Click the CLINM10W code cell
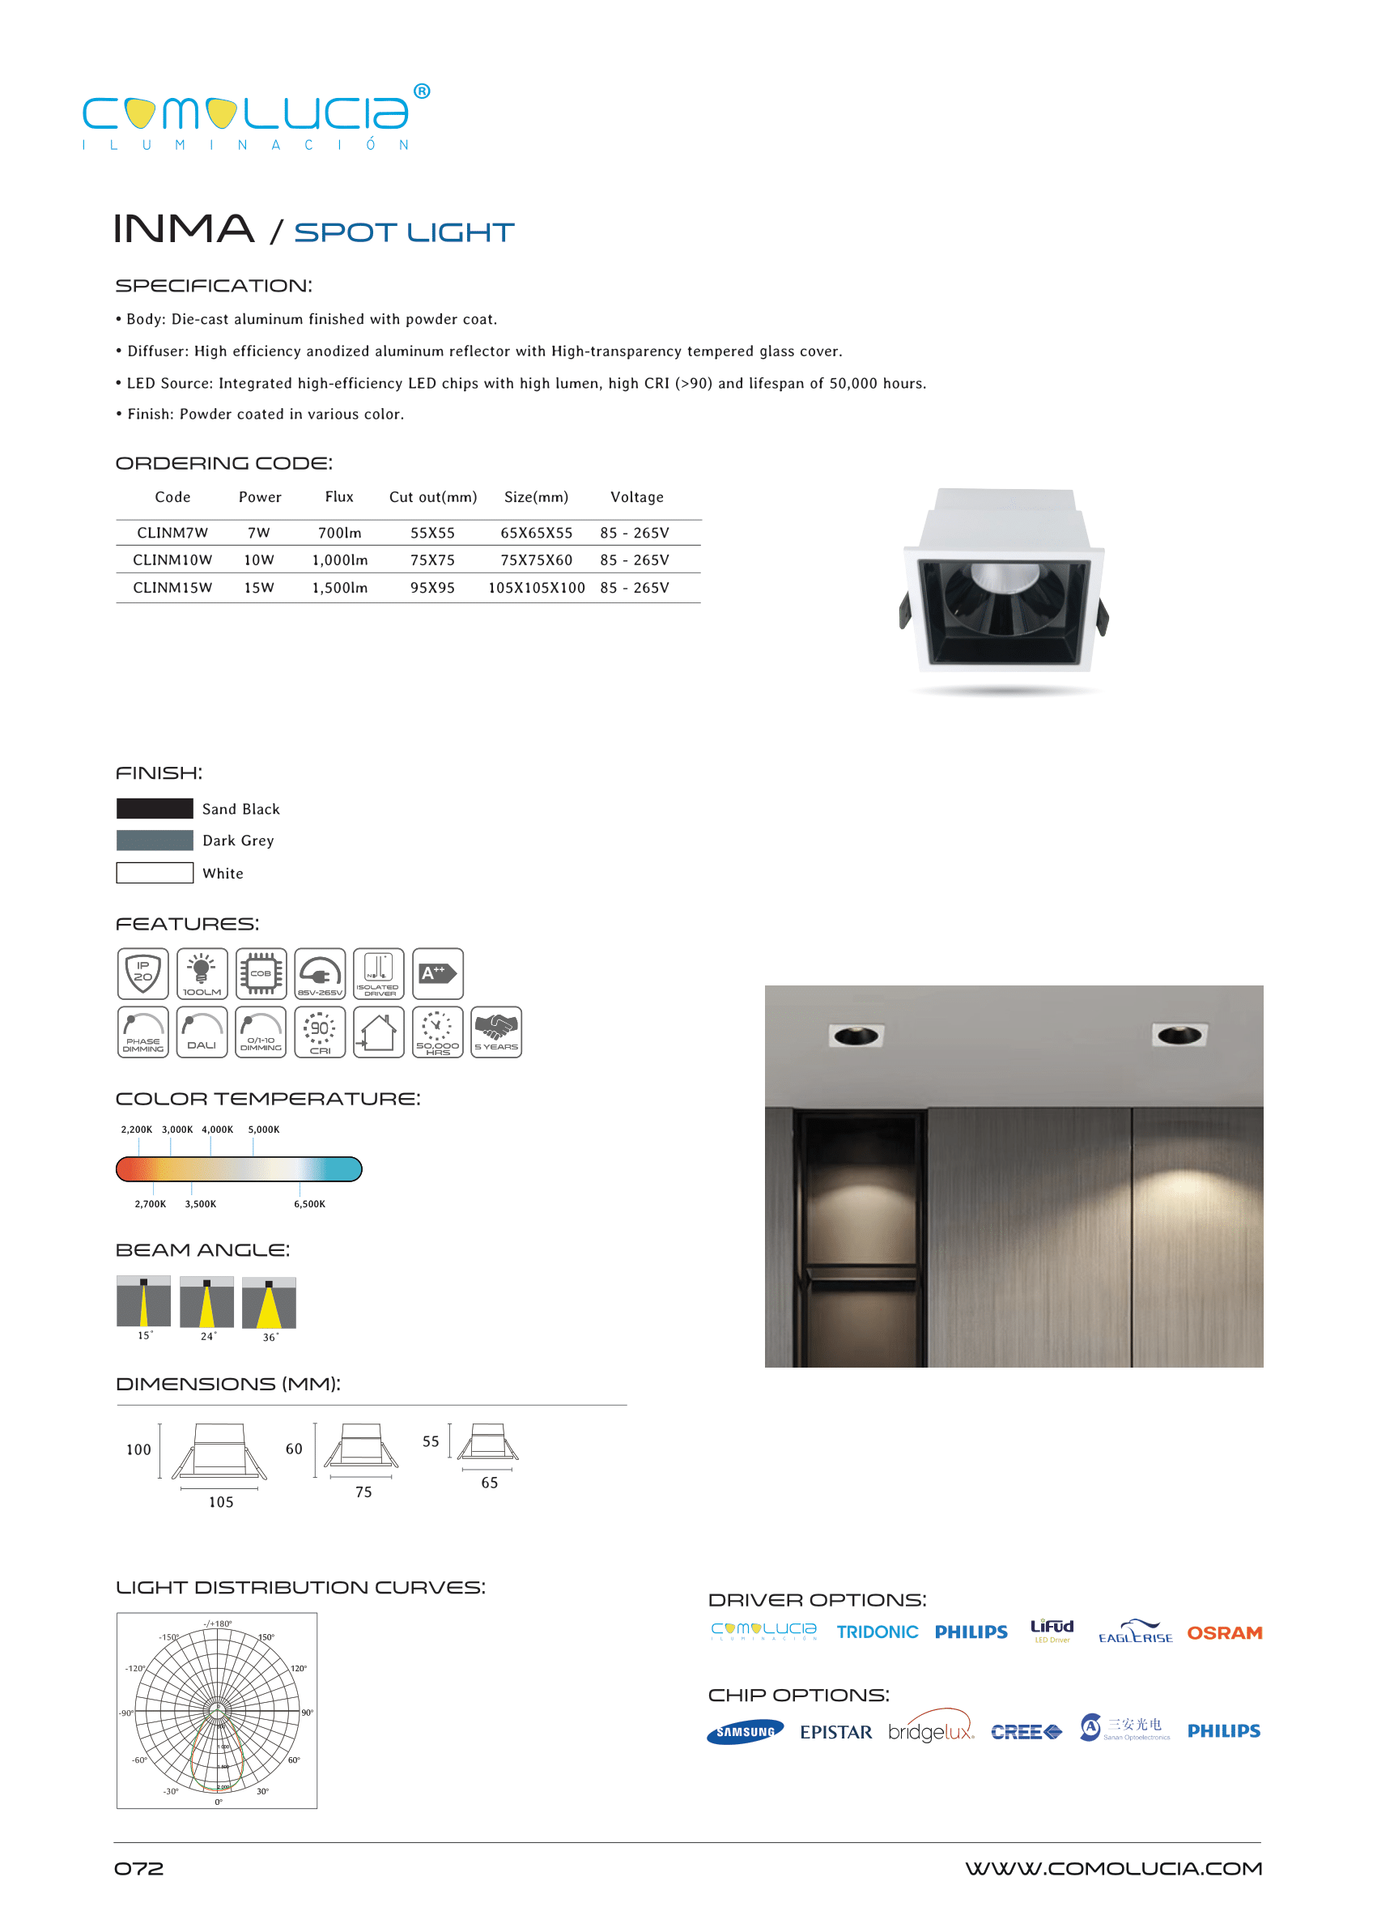[172, 560]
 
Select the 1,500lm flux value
[339, 588]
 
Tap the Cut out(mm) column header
[432, 497]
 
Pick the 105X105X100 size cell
[536, 588]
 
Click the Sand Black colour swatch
[155, 808]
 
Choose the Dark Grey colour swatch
[155, 840]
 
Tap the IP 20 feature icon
[142, 973]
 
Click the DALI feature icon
[202, 1032]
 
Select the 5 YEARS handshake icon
[496, 1032]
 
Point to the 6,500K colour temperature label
[309, 1204]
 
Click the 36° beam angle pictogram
[269, 1303]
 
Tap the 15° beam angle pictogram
[143, 1301]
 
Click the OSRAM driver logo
[1224, 1633]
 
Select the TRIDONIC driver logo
[877, 1632]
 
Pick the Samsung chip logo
[745, 1732]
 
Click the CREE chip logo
[1026, 1732]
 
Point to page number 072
[139, 1868]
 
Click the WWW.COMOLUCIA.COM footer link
[1112, 1868]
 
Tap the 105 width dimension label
[220, 1502]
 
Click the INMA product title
[184, 229]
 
